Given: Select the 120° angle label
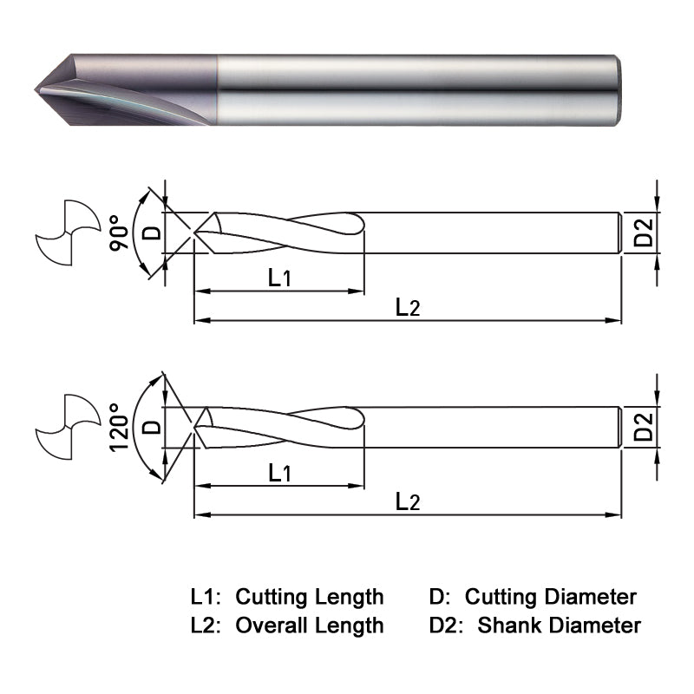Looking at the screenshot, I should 120,428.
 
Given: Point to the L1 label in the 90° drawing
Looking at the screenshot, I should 279,278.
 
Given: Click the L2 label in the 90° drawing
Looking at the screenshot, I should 408,306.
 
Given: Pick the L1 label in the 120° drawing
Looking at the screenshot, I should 279,473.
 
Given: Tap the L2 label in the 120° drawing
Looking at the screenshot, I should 408,501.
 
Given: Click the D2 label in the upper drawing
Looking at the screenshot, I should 643,233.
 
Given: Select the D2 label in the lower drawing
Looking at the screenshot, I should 643,428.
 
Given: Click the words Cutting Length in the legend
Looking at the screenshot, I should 310,597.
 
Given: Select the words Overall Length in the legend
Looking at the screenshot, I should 310,625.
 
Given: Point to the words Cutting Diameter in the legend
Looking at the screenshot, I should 550,597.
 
